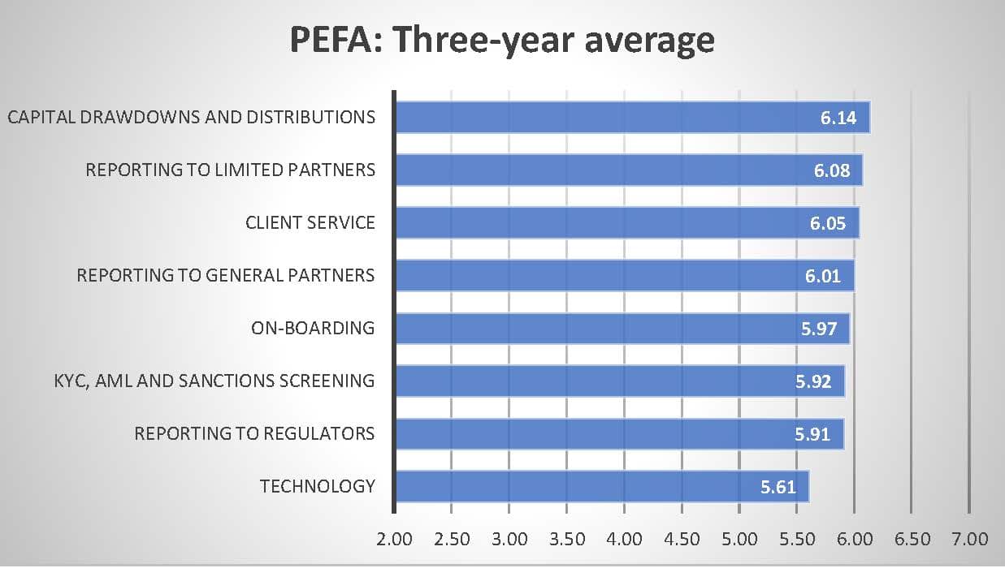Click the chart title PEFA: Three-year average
(x=502, y=40)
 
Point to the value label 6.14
(x=838, y=118)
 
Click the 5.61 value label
(x=778, y=488)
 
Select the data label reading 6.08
(x=831, y=170)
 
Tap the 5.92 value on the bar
(x=813, y=381)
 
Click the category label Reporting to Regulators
(x=254, y=433)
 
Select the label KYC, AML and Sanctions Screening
(x=210, y=381)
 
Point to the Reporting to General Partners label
(x=226, y=276)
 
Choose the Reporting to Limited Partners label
(x=231, y=170)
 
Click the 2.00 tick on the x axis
(x=395, y=540)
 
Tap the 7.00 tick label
(x=969, y=540)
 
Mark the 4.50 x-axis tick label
(x=682, y=540)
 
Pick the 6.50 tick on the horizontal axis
(x=912, y=540)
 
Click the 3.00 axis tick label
(x=509, y=540)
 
